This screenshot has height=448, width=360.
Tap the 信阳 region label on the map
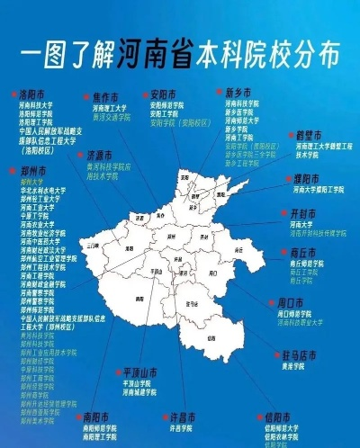click(213, 336)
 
